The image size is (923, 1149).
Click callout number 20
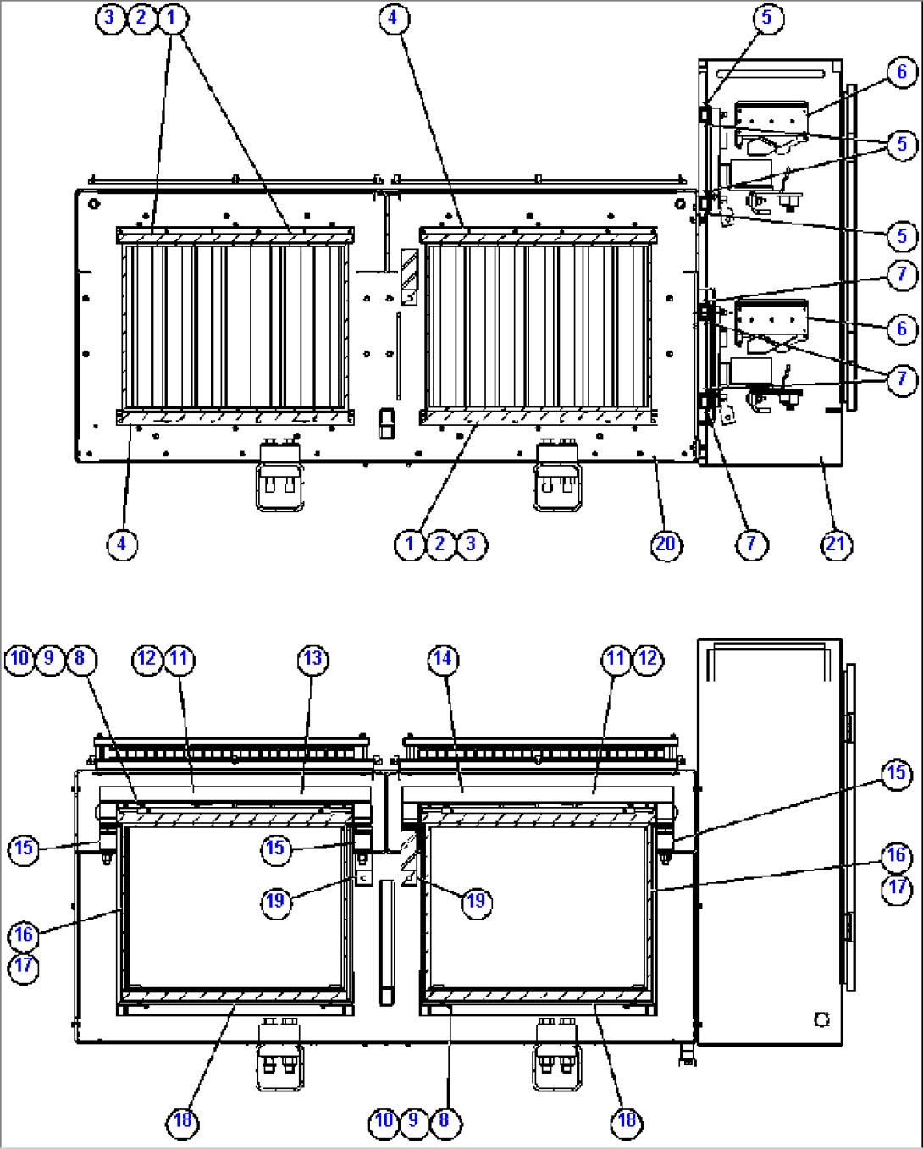[x=666, y=544]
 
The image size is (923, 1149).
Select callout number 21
[x=836, y=544]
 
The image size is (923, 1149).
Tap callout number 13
[x=313, y=660]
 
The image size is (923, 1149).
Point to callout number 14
[x=444, y=660]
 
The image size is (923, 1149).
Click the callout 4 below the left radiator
[x=122, y=544]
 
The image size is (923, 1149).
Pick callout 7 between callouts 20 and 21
[x=752, y=544]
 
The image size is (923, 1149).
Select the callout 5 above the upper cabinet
[x=768, y=18]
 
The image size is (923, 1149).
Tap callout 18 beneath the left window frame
[x=183, y=1121]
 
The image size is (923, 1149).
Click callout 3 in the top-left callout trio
[x=111, y=18]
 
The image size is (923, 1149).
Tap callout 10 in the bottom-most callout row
[x=384, y=1121]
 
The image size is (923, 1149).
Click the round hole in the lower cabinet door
[x=821, y=1019]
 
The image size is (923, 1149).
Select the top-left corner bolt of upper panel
[x=94, y=204]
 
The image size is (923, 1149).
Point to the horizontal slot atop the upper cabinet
[x=771, y=74]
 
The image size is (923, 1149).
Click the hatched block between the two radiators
[x=409, y=269]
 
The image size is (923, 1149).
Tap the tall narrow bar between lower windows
[x=386, y=943]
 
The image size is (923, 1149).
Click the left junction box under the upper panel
[x=280, y=475]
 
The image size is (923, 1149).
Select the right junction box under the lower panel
[x=557, y=1054]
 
